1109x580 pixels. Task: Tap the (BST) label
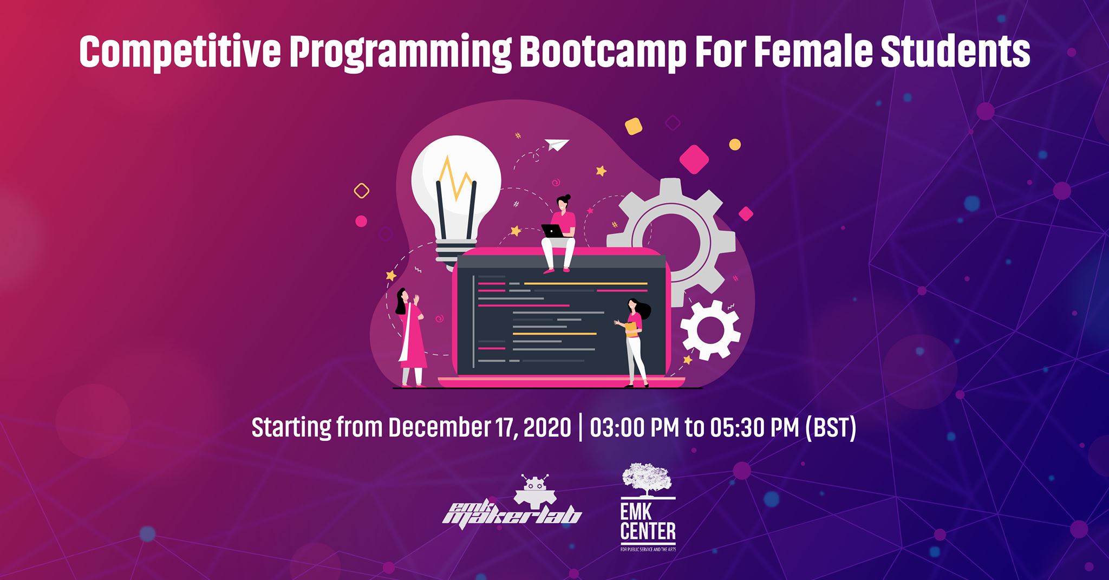(831, 428)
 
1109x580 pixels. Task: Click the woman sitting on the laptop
(560, 233)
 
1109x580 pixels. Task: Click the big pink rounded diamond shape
(694, 158)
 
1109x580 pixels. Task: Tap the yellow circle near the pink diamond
(734, 145)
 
